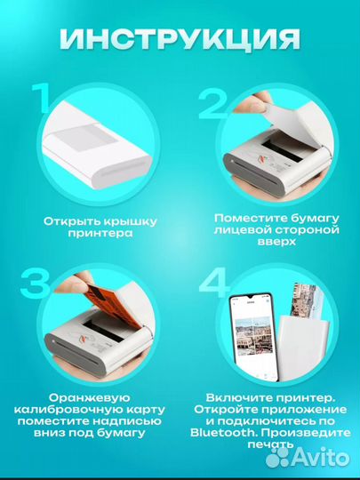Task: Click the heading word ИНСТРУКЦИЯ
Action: (x=180, y=41)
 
